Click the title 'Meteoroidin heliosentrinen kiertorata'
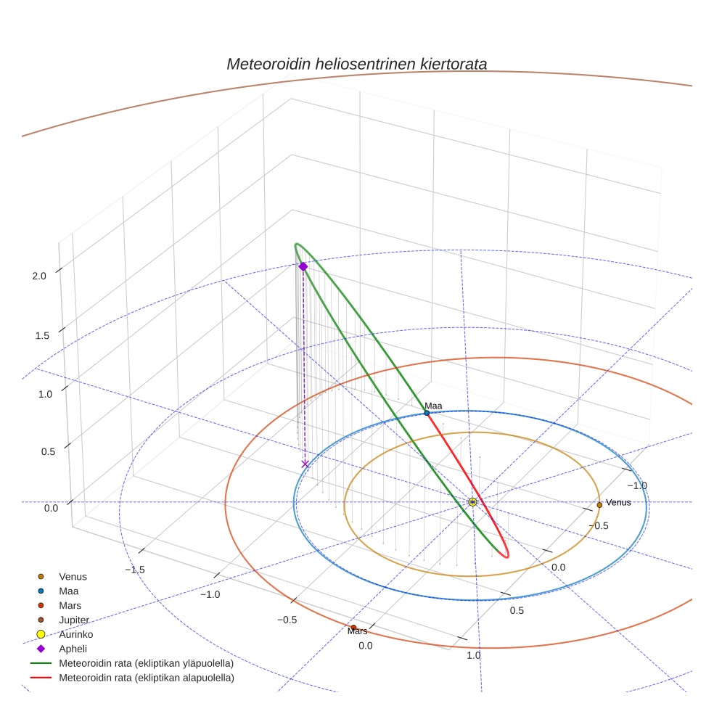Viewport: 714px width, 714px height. pyautogui.click(x=356, y=64)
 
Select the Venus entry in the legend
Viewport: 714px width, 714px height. pyautogui.click(x=63, y=576)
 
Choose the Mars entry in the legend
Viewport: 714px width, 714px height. pyautogui.click(x=60, y=606)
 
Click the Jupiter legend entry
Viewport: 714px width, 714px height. pyautogui.click(x=64, y=620)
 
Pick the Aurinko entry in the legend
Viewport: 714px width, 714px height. pyautogui.click(x=65, y=634)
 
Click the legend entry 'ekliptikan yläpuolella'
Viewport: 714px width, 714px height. pyautogui.click(x=132, y=663)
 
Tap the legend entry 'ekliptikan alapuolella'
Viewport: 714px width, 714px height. pyautogui.click(x=132, y=678)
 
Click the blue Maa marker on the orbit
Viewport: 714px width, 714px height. pyautogui.click(x=427, y=413)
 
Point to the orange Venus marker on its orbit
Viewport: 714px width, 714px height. pyautogui.click(x=599, y=505)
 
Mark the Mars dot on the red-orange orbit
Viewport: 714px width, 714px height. pyautogui.click(x=353, y=628)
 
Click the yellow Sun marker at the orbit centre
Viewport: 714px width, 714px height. pyautogui.click(x=472, y=502)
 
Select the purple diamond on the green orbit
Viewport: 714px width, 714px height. pyautogui.click(x=303, y=266)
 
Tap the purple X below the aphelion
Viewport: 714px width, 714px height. pyautogui.click(x=305, y=464)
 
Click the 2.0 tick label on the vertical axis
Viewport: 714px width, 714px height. pyautogui.click(x=39, y=276)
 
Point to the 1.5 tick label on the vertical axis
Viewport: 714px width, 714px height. pyautogui.click(x=42, y=336)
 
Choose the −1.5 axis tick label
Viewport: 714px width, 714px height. pyautogui.click(x=135, y=570)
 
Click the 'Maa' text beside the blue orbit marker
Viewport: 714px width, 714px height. pyautogui.click(x=433, y=406)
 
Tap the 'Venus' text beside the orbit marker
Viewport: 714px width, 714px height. pyautogui.click(x=618, y=502)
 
